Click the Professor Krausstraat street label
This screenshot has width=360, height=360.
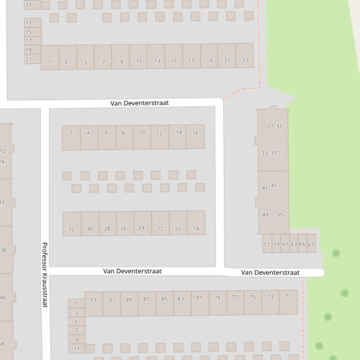coord(45,274)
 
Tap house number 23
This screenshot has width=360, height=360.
coord(245,60)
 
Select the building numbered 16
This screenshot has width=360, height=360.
coord(195,133)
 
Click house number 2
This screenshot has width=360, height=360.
coord(71,133)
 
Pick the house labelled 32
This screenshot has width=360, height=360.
coord(71,229)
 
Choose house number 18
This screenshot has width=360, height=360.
coord(196,229)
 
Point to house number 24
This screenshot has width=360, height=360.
coord(141,228)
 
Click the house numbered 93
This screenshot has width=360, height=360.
coord(93,300)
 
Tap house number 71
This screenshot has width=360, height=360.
coord(288,296)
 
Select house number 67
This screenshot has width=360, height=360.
coord(311,245)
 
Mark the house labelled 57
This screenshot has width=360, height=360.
coord(266,245)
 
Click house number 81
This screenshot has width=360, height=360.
coord(199,298)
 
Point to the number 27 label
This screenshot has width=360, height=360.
coord(270,126)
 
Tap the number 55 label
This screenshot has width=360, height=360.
coord(280,215)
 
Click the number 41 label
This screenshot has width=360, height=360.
coord(265,188)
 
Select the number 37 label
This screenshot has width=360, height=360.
coord(273,153)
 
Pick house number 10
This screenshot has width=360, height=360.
coord(141,132)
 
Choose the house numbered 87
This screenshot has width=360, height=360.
coord(146,299)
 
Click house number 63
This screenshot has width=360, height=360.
coord(294,244)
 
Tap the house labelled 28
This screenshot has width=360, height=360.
coord(107,229)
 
